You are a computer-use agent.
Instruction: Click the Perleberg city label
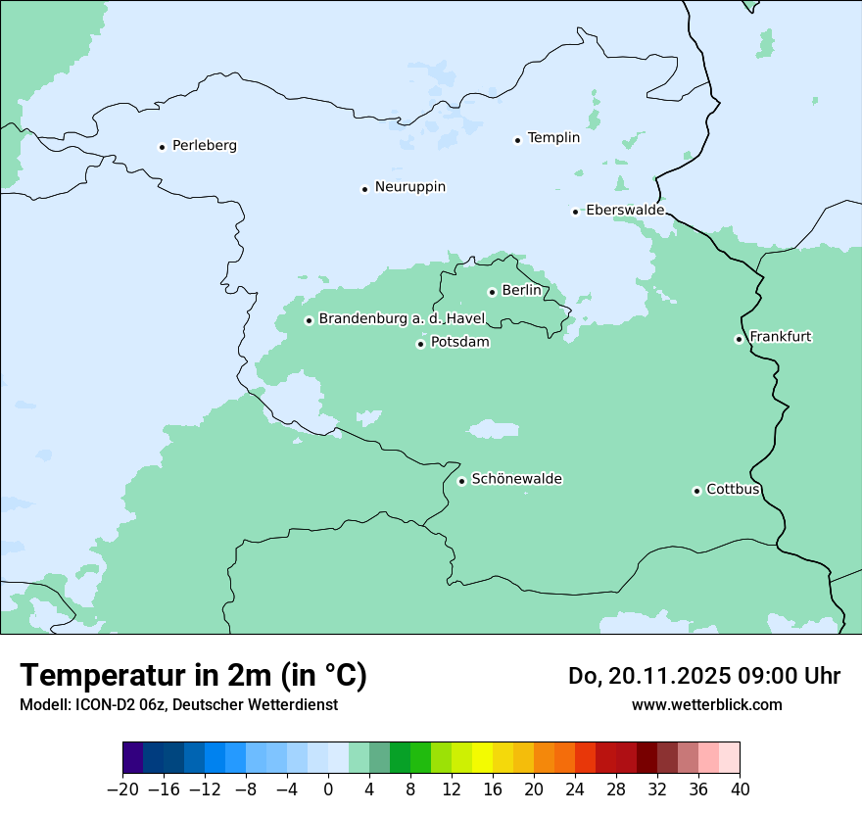coord(204,146)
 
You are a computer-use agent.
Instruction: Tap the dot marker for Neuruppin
coord(364,189)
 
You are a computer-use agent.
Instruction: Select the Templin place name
coord(553,138)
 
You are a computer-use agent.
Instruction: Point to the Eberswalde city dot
coord(575,212)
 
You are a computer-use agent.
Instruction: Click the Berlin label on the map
coord(520,291)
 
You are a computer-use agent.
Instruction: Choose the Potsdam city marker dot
coord(420,344)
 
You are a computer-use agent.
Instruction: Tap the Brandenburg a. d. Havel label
coord(402,319)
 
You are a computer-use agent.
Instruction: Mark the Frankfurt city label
coord(780,337)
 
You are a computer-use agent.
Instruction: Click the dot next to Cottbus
coord(696,491)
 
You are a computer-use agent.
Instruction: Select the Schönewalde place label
coord(516,479)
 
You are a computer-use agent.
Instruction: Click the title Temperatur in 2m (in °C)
coord(194,675)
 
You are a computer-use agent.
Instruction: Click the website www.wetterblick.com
coord(706,704)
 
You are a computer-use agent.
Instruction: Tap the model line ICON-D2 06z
coord(178,704)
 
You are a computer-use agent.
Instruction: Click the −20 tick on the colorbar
coord(122,789)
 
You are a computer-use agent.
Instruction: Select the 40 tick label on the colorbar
coord(740,789)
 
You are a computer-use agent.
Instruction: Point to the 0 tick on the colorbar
coord(328,789)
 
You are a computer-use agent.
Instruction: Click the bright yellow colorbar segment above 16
coord(482,758)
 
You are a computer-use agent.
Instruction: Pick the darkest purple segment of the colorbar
coord(132,758)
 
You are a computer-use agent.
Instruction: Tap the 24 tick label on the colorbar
coord(575,789)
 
